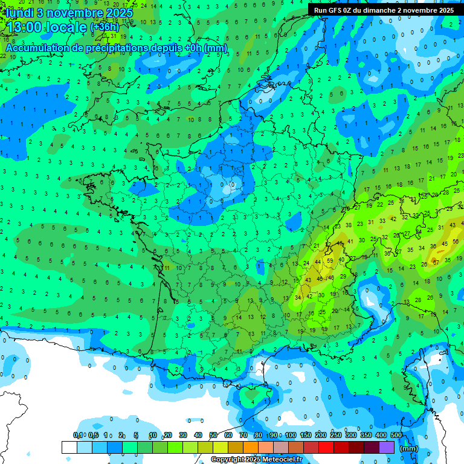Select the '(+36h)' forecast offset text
tap(105, 27)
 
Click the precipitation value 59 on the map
tap(330, 261)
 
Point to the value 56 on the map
tap(454, 243)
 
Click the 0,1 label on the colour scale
tap(77, 436)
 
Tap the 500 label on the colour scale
tap(396, 436)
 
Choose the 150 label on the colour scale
tap(306, 436)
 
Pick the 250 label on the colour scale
tap(336, 436)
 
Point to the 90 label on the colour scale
tap(274, 436)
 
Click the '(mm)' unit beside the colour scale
tap(409, 448)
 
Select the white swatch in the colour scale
tap(69, 447)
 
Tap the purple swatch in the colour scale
tap(387, 447)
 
